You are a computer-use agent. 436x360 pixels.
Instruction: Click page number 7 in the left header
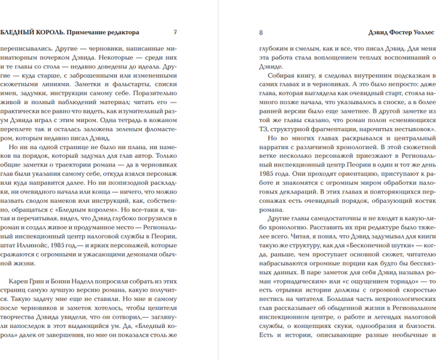pos(174,33)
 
